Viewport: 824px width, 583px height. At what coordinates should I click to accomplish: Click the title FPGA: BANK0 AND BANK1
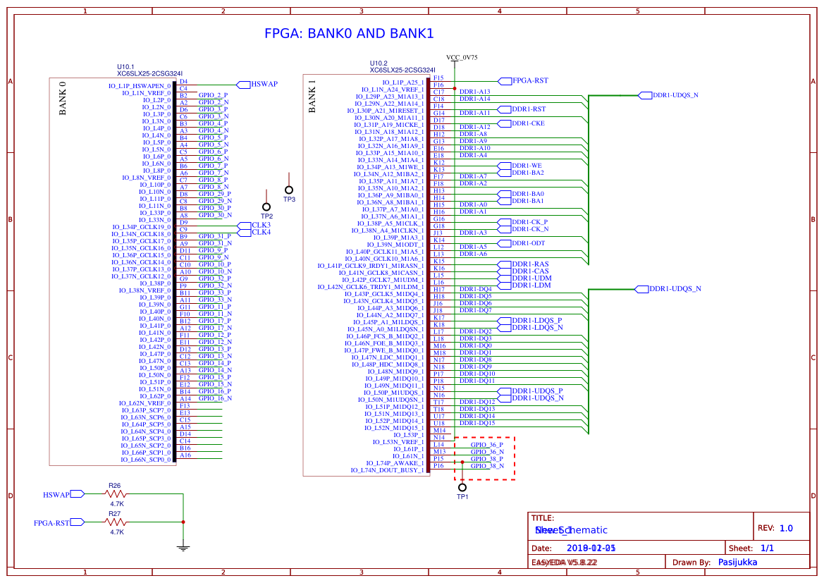pyautogui.click(x=348, y=34)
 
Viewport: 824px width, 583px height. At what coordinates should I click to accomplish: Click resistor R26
pyautogui.click(x=116, y=494)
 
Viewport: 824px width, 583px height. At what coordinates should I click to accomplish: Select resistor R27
pyautogui.click(x=116, y=522)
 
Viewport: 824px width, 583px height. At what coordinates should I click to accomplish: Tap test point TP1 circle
pyautogui.click(x=462, y=487)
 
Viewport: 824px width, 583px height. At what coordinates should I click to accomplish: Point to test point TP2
pyautogui.click(x=266, y=207)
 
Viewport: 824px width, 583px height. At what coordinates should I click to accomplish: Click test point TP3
pyautogui.click(x=288, y=190)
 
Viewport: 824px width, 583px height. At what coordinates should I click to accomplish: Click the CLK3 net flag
pyautogui.click(x=261, y=225)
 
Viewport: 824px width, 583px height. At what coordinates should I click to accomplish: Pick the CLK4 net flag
pyautogui.click(x=261, y=232)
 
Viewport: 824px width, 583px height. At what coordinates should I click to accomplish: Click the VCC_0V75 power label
pyautogui.click(x=462, y=57)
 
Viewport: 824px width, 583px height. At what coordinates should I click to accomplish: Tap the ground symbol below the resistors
pyautogui.click(x=183, y=546)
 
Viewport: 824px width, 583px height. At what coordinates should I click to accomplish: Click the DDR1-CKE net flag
pyautogui.click(x=527, y=123)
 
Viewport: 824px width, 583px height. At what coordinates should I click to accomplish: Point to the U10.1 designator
pyautogui.click(x=125, y=66)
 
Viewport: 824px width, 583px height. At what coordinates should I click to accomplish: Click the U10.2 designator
pyautogui.click(x=379, y=63)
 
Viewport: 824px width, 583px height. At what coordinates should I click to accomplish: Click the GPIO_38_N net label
pyautogui.click(x=487, y=466)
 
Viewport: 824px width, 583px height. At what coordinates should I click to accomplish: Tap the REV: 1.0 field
pyautogui.click(x=775, y=528)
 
